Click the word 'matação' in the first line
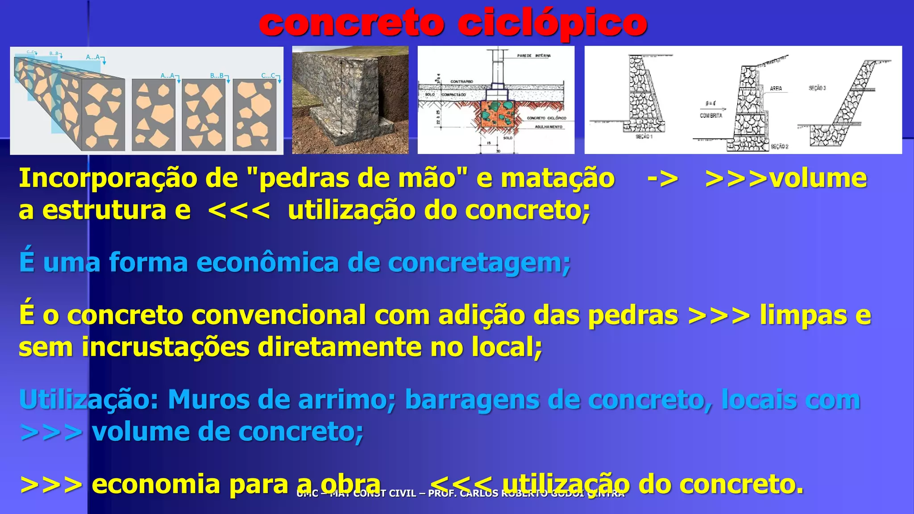point(557,178)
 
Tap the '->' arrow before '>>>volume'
point(662,178)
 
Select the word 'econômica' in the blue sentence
point(267,262)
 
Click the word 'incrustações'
point(165,347)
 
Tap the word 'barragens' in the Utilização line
point(472,399)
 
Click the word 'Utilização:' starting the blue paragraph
point(89,399)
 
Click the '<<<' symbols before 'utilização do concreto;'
point(239,211)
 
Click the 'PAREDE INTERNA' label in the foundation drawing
point(534,56)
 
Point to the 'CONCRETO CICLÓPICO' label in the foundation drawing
point(546,118)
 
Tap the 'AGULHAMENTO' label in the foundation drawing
point(548,127)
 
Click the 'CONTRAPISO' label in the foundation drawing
point(461,82)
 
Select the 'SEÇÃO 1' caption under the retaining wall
point(644,137)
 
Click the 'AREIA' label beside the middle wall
point(776,88)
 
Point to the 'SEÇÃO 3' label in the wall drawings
point(817,88)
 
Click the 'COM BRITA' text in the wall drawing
point(711,116)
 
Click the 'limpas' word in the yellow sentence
point(803,315)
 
